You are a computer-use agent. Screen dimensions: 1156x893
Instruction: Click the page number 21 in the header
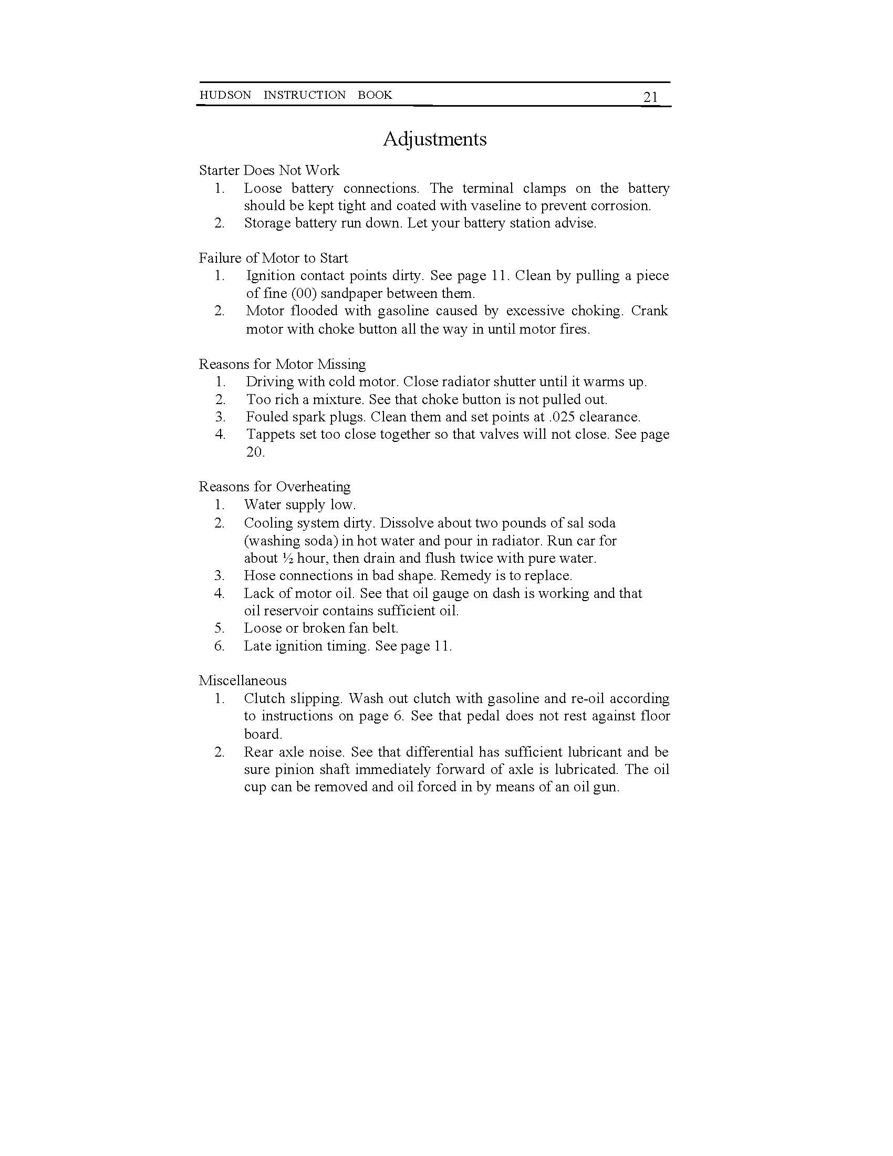(650, 97)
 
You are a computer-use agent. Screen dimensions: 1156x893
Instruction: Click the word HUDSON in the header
(225, 95)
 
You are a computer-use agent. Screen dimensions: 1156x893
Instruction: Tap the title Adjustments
(434, 139)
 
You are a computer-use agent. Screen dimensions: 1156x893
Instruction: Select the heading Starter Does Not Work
(269, 170)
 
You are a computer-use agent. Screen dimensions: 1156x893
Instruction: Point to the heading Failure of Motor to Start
(273, 259)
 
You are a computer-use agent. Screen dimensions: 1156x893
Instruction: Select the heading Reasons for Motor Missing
(282, 364)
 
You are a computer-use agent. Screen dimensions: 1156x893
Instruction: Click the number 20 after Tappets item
(255, 452)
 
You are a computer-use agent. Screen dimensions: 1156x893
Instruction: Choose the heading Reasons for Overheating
(275, 487)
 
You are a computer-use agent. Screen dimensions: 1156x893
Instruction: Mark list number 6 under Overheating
(220, 646)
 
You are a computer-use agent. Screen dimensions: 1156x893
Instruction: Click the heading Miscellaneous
(242, 680)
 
